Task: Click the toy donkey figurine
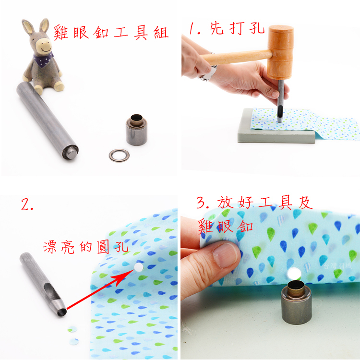click(x=42, y=58)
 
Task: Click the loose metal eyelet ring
click(x=119, y=156)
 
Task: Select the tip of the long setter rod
click(x=71, y=153)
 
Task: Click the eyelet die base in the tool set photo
click(x=137, y=130)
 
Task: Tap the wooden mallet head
click(x=280, y=52)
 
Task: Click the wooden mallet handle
click(x=237, y=57)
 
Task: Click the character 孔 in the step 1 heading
click(x=257, y=29)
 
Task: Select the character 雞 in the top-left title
click(x=61, y=33)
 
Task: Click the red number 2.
click(x=27, y=204)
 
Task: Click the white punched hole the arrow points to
click(x=138, y=267)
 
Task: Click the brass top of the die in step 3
click(x=296, y=287)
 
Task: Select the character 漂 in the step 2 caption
click(x=49, y=247)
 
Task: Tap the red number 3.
click(x=202, y=202)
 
